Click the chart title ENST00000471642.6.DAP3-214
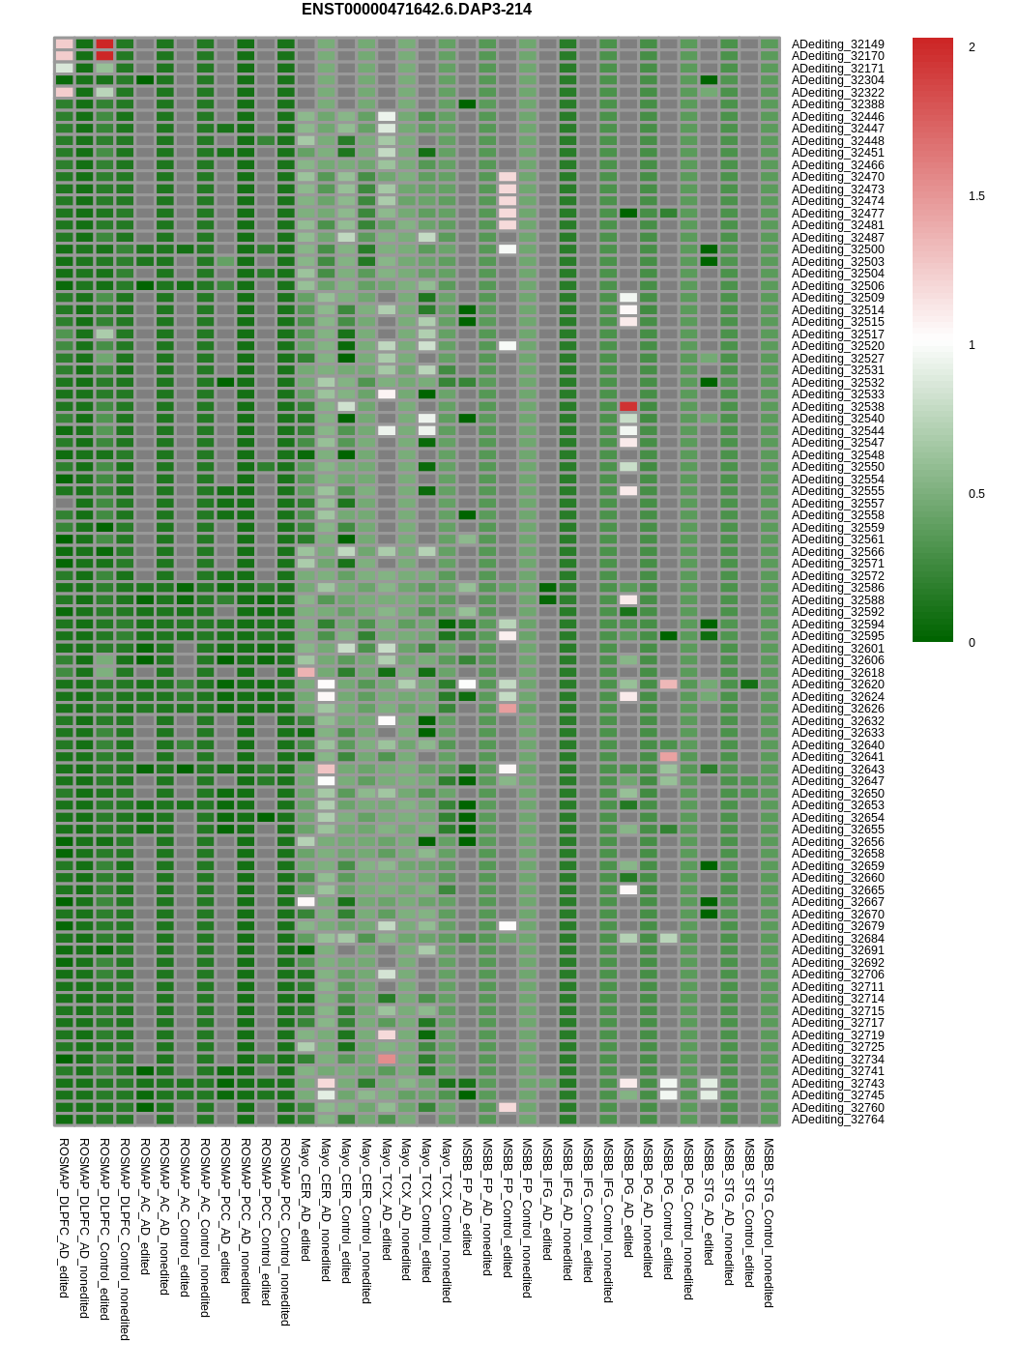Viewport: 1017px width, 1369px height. (x=416, y=10)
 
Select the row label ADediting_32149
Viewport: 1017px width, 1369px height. (x=837, y=44)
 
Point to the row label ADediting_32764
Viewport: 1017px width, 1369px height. (x=837, y=1120)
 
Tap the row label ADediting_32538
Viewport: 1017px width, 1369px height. (x=837, y=407)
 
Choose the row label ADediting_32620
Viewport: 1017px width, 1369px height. (x=837, y=684)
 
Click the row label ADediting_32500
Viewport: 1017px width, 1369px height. (x=837, y=249)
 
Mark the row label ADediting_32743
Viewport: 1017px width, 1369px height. (x=837, y=1084)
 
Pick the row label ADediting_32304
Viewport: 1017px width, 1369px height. (x=837, y=80)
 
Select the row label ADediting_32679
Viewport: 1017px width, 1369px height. (x=837, y=926)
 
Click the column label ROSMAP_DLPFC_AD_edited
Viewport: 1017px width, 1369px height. (x=64, y=1217)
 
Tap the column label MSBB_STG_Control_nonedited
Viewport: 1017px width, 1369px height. (x=769, y=1222)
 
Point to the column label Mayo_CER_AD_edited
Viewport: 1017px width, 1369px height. (x=305, y=1199)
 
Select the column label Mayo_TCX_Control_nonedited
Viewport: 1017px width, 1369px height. (x=447, y=1220)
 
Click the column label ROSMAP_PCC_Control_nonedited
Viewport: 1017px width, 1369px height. (x=285, y=1231)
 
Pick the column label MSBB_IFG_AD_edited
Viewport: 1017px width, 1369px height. (x=547, y=1199)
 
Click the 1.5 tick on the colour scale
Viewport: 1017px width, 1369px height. (x=976, y=196)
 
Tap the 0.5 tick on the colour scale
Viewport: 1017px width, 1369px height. (x=976, y=494)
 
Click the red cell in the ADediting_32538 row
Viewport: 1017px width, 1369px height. (x=628, y=407)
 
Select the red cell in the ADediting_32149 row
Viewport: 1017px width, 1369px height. (x=104, y=44)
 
